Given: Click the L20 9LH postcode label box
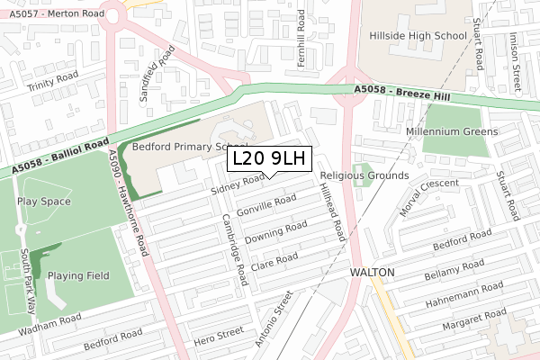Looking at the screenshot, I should [x=269, y=159].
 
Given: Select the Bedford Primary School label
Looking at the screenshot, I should [x=190, y=147].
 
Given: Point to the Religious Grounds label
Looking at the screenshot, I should [x=364, y=175].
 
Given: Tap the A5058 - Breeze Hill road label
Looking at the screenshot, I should [x=400, y=94].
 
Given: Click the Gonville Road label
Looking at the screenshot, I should [x=265, y=206].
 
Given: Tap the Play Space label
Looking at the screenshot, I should [x=43, y=202].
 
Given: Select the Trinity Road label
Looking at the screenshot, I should [x=53, y=85].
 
